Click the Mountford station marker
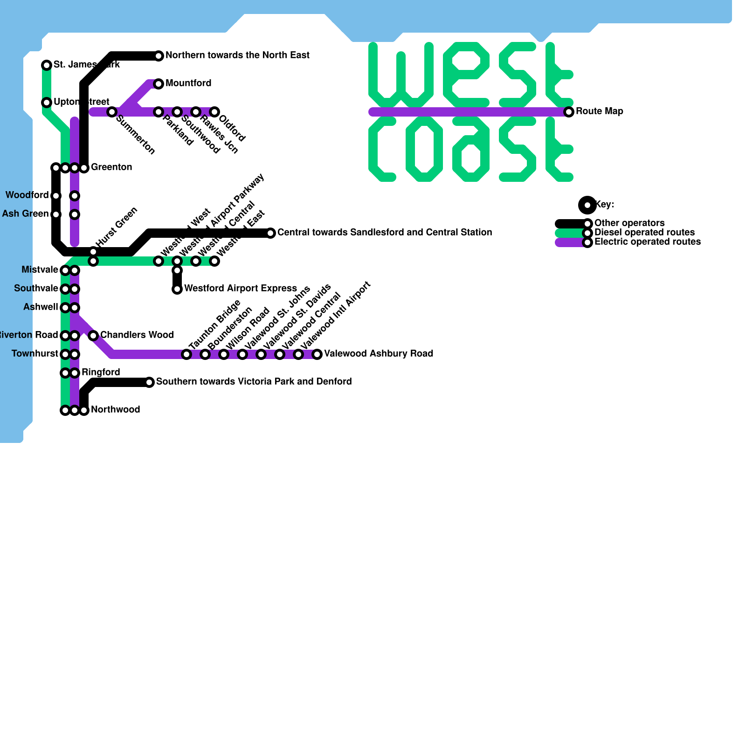pos(159,84)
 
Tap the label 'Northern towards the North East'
pos(237,55)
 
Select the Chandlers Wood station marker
pos(93,336)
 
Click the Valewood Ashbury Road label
pos(379,354)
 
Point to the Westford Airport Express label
pos(241,289)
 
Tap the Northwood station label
pos(115,410)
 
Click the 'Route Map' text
pos(599,111)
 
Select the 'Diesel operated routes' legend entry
pos(644,233)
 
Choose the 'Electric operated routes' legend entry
pos(647,242)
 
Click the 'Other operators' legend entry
pos(629,223)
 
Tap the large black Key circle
pos(587,205)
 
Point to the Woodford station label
pos(27,195)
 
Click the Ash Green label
pos(25,214)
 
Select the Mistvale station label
pos(40,270)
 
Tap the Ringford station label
pos(101,373)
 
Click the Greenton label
pos(111,167)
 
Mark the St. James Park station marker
pos(47,65)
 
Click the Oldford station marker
pos(214,112)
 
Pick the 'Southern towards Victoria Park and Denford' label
pos(254,382)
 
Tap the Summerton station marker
pos(112,112)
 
